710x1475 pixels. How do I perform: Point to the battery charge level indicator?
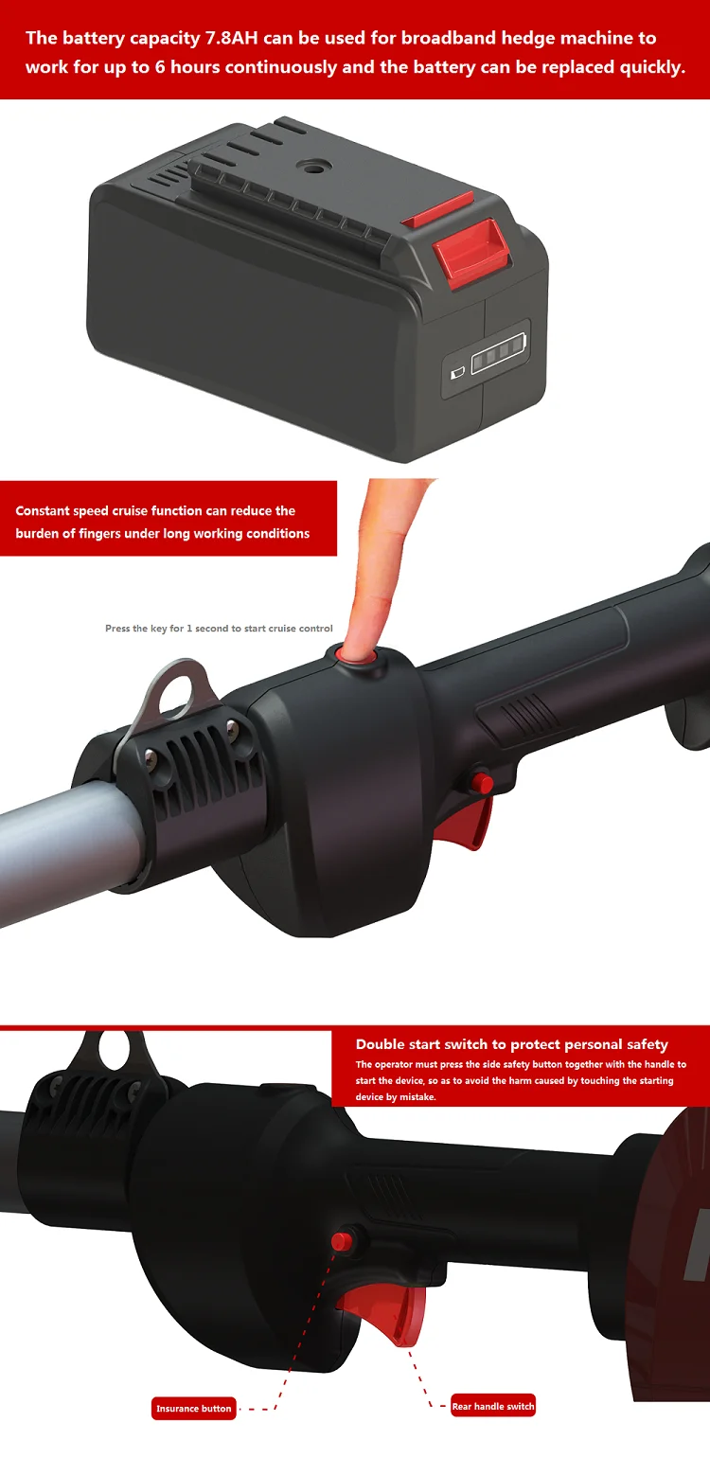[499, 363]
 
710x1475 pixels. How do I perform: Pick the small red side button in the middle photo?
[482, 782]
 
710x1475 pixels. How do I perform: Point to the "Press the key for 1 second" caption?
[219, 629]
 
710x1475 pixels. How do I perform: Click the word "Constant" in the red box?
[44, 511]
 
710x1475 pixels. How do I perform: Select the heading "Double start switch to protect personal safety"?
[511, 1044]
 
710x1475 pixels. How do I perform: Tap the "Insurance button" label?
[194, 1409]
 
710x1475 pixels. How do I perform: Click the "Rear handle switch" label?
[493, 1406]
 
